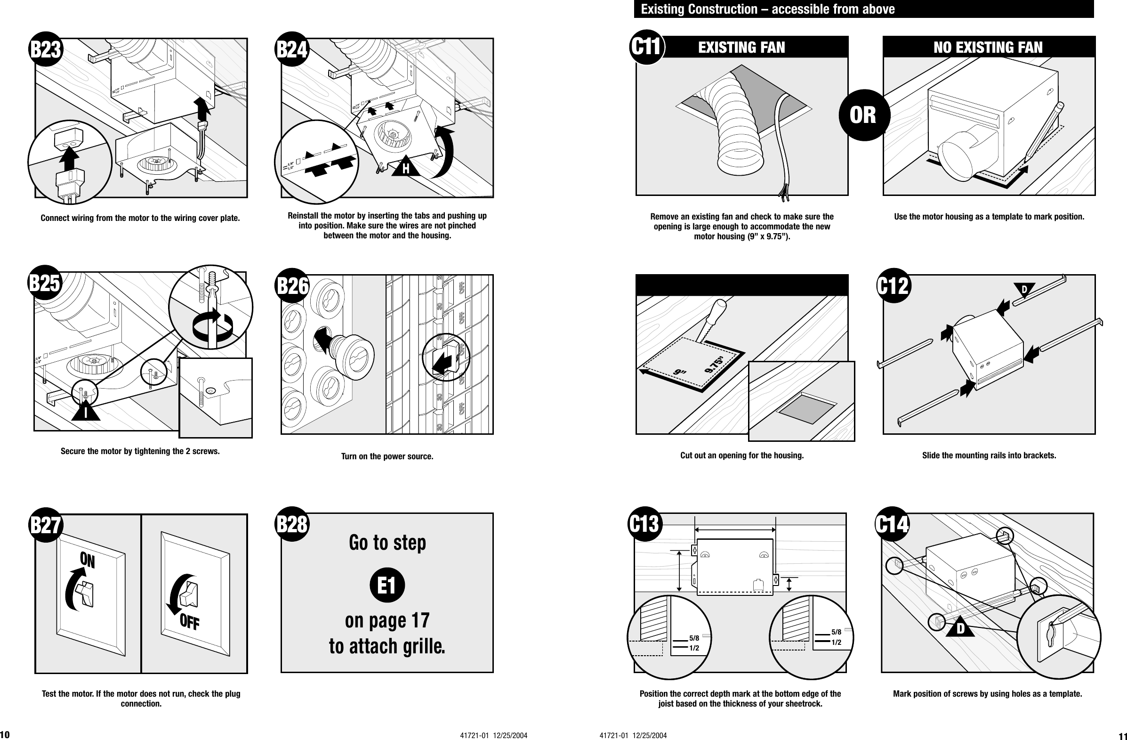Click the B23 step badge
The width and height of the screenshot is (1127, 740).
(x=46, y=50)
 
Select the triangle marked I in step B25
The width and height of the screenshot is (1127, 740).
(x=86, y=412)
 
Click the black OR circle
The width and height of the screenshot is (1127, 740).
(x=862, y=115)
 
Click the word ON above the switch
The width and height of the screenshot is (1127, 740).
(x=88, y=561)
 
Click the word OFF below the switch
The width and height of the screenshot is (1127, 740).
(x=189, y=622)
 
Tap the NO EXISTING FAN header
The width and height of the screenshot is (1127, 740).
(x=988, y=48)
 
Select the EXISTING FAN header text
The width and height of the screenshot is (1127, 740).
(x=741, y=48)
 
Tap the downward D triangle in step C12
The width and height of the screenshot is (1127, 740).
(x=1024, y=290)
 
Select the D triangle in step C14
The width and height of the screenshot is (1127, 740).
(x=960, y=629)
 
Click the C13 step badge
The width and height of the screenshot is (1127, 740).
(x=645, y=524)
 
